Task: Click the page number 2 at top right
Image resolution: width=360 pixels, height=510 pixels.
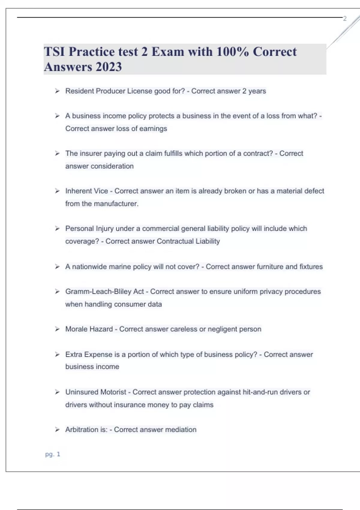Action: point(345,19)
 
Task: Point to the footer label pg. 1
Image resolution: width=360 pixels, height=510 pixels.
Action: point(52,454)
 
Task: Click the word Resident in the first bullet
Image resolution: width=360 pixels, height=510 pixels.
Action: point(79,91)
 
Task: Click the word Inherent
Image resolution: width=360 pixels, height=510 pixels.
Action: point(79,191)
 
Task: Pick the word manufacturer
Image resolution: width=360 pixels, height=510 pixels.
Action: point(116,204)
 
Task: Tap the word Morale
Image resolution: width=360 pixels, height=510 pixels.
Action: point(76,329)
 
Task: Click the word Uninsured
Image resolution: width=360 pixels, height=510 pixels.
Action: point(82,392)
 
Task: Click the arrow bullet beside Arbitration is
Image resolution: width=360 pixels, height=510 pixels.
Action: point(57,430)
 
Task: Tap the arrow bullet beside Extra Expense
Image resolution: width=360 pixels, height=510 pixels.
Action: point(57,355)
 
